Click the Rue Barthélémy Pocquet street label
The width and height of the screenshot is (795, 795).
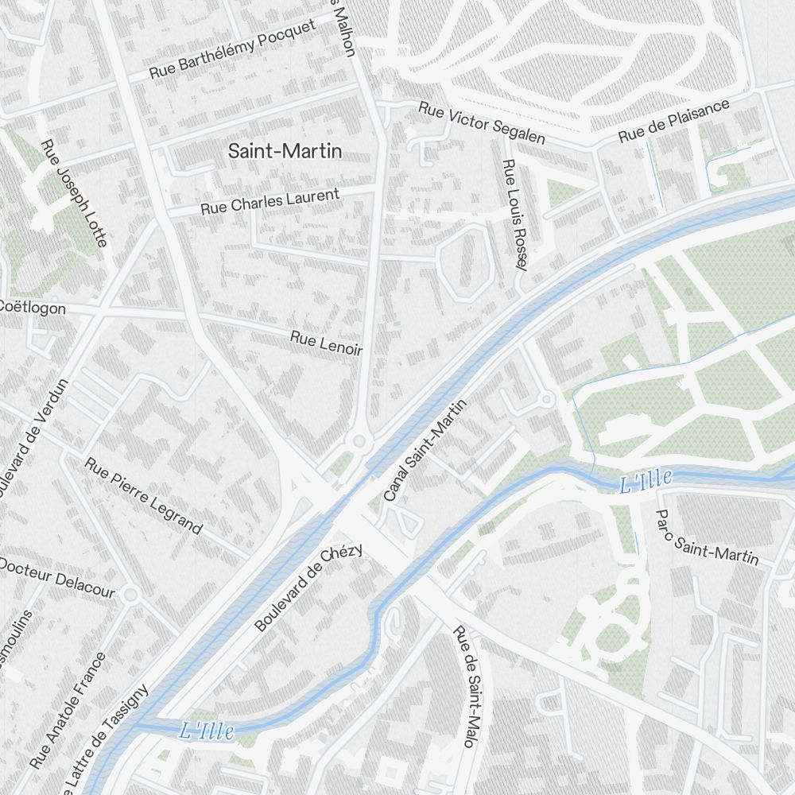pyautogui.click(x=232, y=50)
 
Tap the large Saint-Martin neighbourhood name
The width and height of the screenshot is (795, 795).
pyautogui.click(x=285, y=151)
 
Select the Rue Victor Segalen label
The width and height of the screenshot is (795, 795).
pyautogui.click(x=482, y=123)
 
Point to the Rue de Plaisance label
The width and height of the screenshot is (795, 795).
pyautogui.click(x=674, y=121)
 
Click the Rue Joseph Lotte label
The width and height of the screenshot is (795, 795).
pyautogui.click(x=73, y=193)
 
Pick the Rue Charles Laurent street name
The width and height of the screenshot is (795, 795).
pyautogui.click(x=270, y=202)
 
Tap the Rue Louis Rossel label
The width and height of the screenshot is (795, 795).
pyautogui.click(x=515, y=215)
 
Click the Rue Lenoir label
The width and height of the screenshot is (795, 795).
pyautogui.click(x=326, y=343)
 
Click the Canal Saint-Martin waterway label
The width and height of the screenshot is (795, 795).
pyautogui.click(x=425, y=451)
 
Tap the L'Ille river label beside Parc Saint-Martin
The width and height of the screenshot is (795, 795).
pyautogui.click(x=646, y=480)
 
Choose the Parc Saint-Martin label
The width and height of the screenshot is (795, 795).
pyautogui.click(x=705, y=537)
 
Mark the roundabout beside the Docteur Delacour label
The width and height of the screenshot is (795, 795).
pyautogui.click(x=131, y=594)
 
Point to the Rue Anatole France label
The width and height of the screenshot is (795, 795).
pyautogui.click(x=67, y=710)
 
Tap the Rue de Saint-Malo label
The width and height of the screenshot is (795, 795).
pyautogui.click(x=468, y=687)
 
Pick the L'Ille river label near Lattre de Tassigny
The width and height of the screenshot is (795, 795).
pyautogui.click(x=207, y=730)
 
